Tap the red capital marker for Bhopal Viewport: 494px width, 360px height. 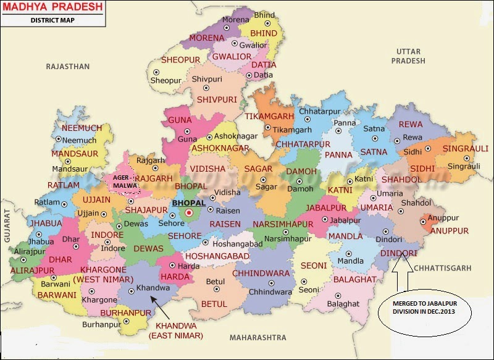click(190, 214)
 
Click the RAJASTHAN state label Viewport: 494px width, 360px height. click(68, 66)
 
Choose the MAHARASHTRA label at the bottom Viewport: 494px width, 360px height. click(257, 338)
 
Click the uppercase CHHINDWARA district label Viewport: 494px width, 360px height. click(261, 273)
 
